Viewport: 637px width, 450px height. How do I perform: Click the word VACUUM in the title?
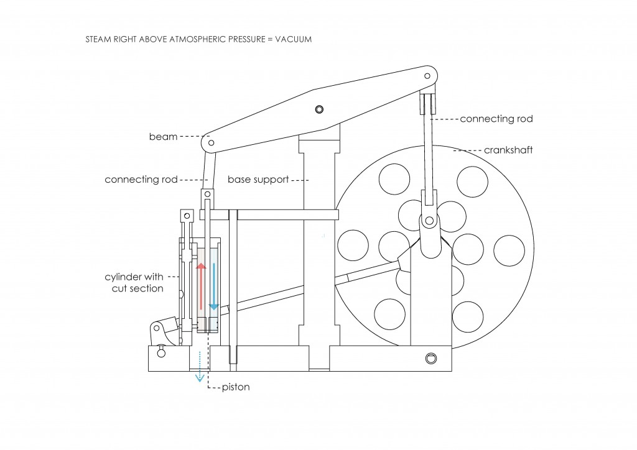click(294, 39)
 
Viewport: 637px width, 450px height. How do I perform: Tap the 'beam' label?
click(164, 137)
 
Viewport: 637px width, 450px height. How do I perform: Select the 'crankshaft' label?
click(508, 150)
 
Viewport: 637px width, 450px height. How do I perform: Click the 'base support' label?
click(258, 180)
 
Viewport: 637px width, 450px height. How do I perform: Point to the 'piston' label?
click(236, 387)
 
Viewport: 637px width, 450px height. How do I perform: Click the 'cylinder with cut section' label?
click(134, 282)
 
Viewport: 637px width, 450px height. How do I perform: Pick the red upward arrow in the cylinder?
click(201, 286)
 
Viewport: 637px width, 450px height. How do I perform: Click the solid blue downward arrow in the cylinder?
click(214, 286)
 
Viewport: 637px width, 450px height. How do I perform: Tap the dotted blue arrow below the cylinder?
click(200, 365)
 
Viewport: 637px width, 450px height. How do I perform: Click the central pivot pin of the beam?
click(319, 109)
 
